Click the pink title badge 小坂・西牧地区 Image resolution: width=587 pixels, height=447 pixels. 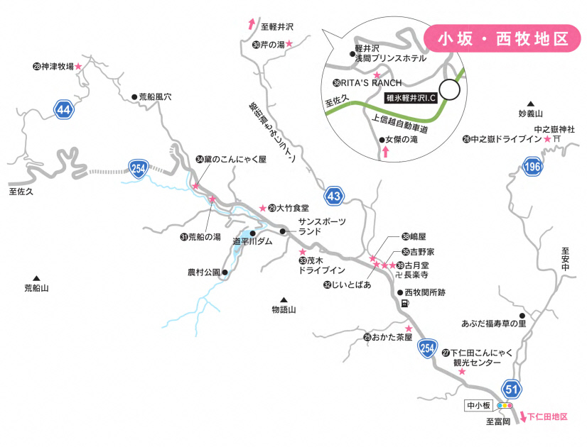point(503,38)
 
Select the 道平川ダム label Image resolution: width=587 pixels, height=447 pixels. point(253,241)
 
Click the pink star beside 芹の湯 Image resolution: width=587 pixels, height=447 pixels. point(290,44)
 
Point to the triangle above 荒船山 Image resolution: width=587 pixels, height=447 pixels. point(35,278)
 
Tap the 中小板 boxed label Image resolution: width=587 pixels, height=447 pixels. point(479,406)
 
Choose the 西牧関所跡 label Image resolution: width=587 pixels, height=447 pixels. point(426,292)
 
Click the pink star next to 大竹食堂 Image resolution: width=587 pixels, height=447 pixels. point(262,208)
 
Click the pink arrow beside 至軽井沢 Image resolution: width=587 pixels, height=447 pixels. point(251,24)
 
